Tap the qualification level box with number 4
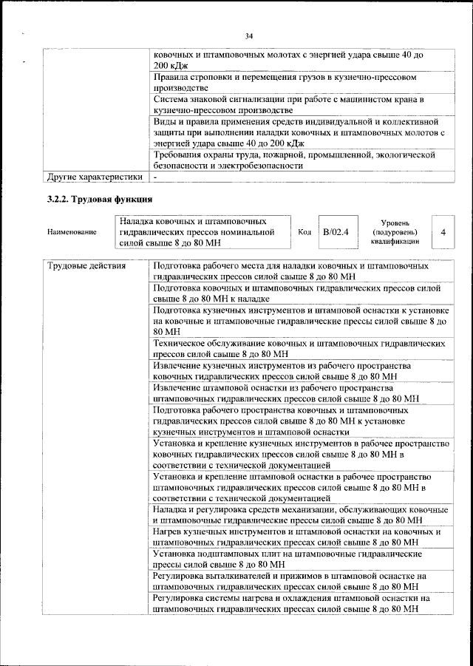click(x=442, y=232)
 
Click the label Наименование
click(x=72, y=232)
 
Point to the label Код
click(x=304, y=232)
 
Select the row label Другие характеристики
click(x=94, y=177)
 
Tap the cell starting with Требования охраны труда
click(x=296, y=160)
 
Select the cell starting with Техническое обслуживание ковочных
click(x=299, y=349)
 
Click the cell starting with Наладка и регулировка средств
click(x=299, y=515)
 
